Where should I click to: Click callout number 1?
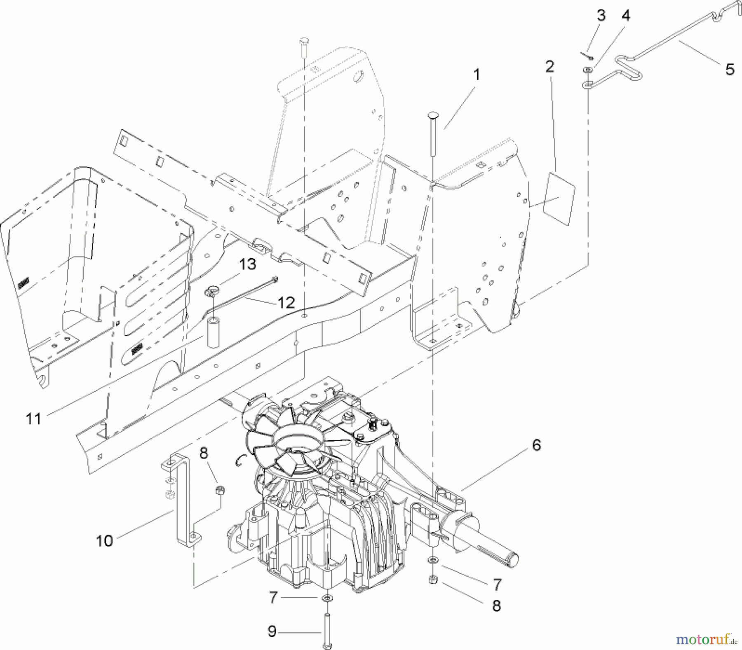(477, 75)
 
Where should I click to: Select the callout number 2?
(549, 66)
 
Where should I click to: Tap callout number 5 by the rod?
(730, 69)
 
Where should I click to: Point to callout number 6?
(536, 445)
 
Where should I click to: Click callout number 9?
(272, 631)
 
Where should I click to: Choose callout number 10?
(104, 540)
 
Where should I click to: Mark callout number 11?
(33, 419)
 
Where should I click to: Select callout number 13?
(247, 264)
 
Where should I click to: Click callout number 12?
(286, 303)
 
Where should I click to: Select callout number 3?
(601, 16)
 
